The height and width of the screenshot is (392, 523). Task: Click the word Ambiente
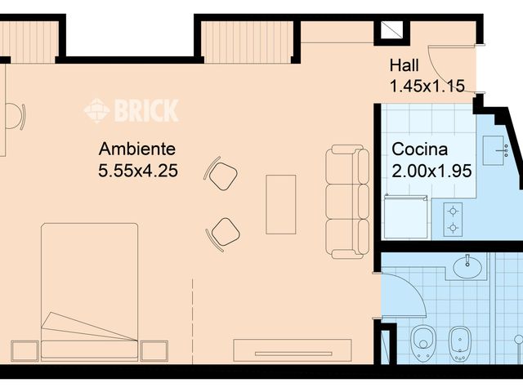coord(136,150)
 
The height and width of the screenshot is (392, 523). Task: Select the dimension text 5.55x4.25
coord(138,171)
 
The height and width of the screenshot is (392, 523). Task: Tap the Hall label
coord(405,65)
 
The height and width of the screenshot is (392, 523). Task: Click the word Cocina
coord(420,150)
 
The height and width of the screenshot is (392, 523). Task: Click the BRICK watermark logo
coord(132,109)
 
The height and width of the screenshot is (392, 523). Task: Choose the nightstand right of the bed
coord(154,350)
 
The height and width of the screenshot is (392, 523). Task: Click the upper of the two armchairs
coord(221,173)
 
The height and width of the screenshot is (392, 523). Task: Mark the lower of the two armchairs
coord(223,232)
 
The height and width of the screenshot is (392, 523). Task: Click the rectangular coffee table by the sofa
coord(280,203)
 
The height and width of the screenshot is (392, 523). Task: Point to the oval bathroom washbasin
coord(467,265)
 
